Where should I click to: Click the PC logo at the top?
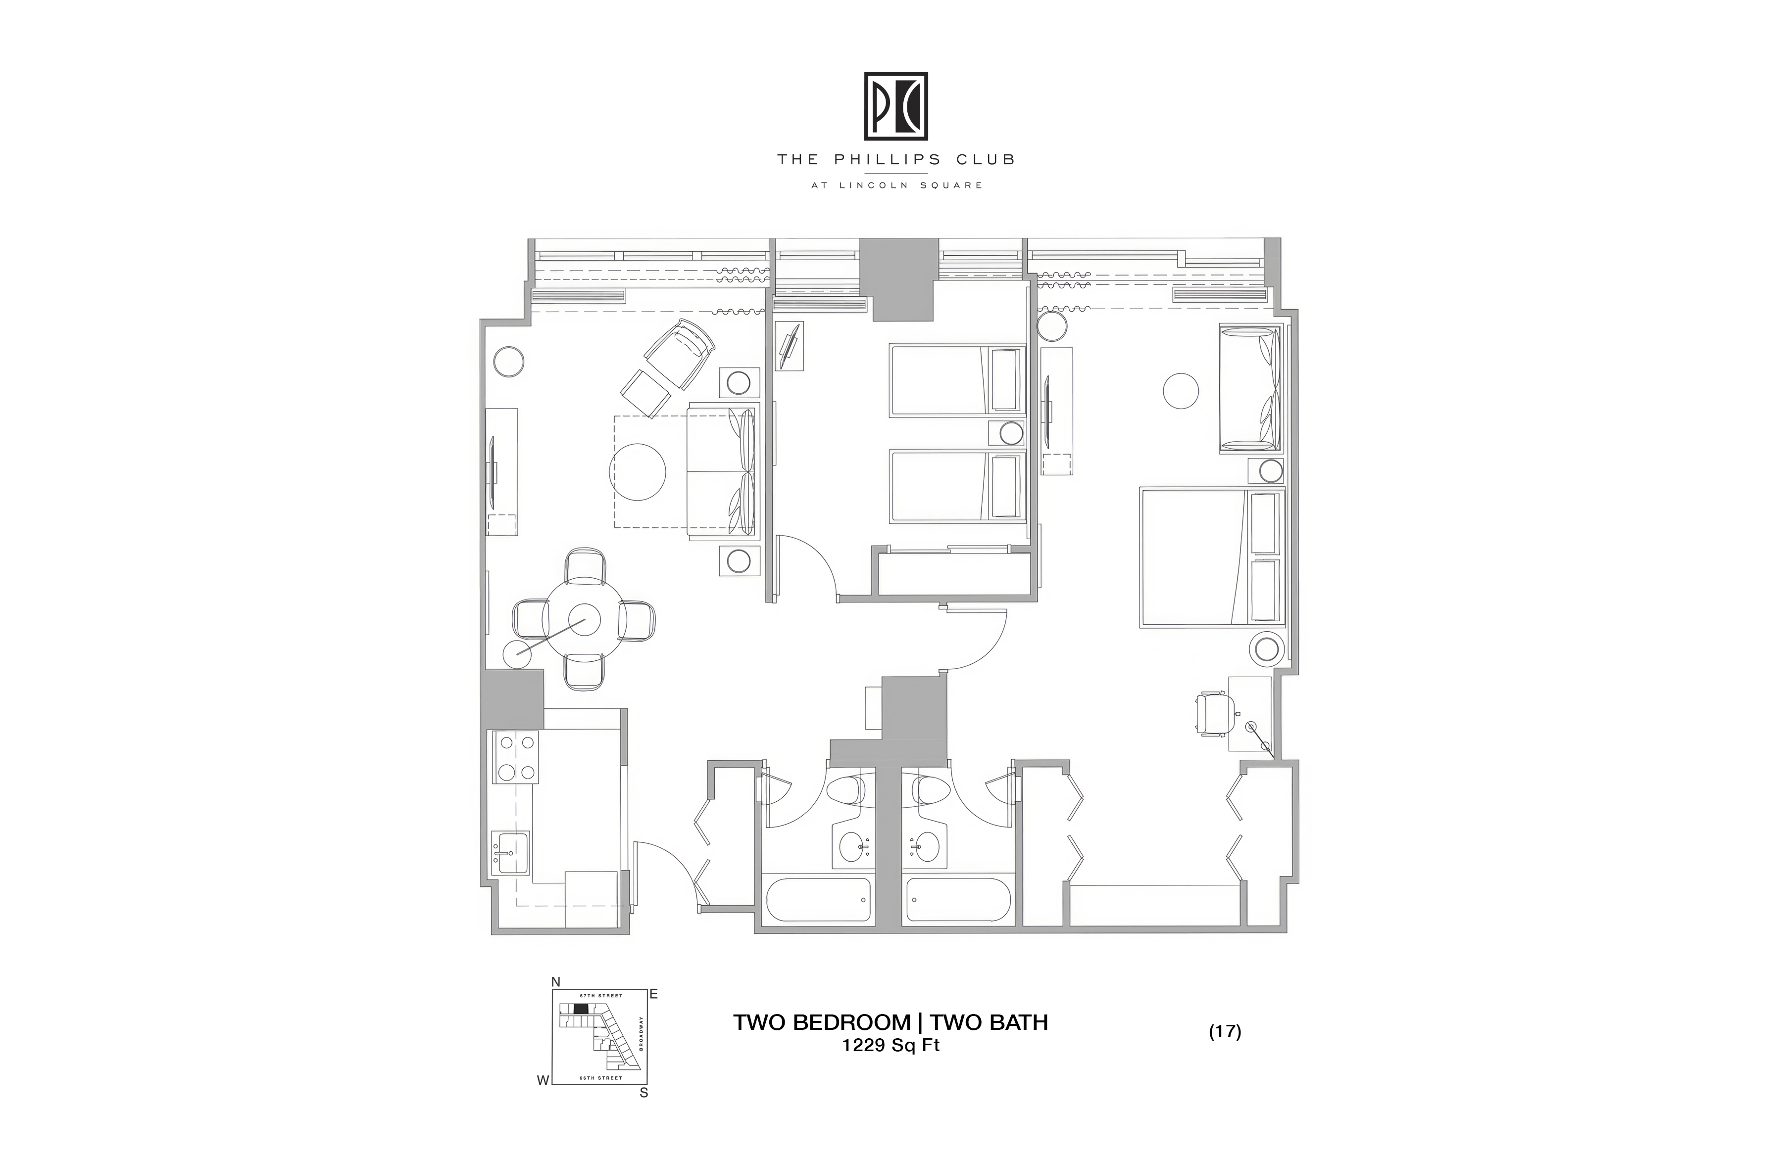tap(896, 106)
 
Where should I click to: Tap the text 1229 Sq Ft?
tap(891, 1045)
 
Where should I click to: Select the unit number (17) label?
tap(1225, 1032)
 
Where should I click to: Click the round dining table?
tap(583, 619)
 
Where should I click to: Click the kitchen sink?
tap(510, 852)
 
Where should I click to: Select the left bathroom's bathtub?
tap(818, 899)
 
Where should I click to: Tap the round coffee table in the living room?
tap(638, 472)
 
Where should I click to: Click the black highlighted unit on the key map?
tap(581, 1009)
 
